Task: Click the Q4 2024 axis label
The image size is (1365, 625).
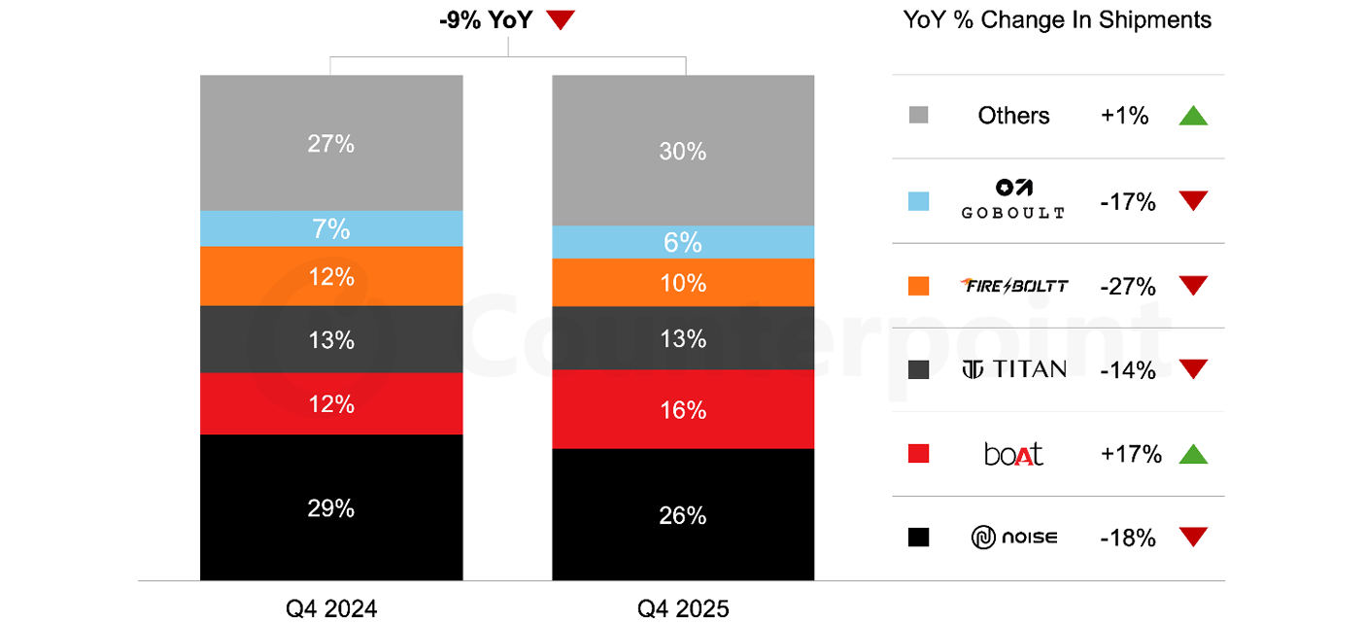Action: click(331, 608)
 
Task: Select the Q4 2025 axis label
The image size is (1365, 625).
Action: click(683, 608)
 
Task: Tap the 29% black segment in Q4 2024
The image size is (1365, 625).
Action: click(331, 507)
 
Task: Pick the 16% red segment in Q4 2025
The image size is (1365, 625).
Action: click(683, 409)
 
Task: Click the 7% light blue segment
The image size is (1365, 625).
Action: click(331, 228)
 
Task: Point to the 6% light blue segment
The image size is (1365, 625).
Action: click(683, 242)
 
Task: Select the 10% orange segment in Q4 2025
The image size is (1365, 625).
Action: click(683, 282)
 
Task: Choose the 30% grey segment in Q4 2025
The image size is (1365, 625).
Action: click(683, 151)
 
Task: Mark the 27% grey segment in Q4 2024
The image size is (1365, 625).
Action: click(331, 143)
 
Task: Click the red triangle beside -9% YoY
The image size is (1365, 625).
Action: click(561, 19)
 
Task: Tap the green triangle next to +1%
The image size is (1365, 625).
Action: click(1193, 116)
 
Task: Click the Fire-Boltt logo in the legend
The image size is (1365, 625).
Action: click(1014, 286)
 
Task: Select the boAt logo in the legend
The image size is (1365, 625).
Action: click(1013, 454)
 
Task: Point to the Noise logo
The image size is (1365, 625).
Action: click(1014, 538)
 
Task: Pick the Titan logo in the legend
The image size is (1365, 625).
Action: click(1014, 369)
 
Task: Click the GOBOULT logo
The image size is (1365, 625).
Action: click(1013, 199)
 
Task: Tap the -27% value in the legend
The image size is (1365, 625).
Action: click(1128, 286)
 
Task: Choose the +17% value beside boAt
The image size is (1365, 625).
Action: click(1131, 454)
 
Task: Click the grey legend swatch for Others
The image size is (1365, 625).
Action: click(918, 115)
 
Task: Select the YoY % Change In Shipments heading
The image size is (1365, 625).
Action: click(1057, 20)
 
